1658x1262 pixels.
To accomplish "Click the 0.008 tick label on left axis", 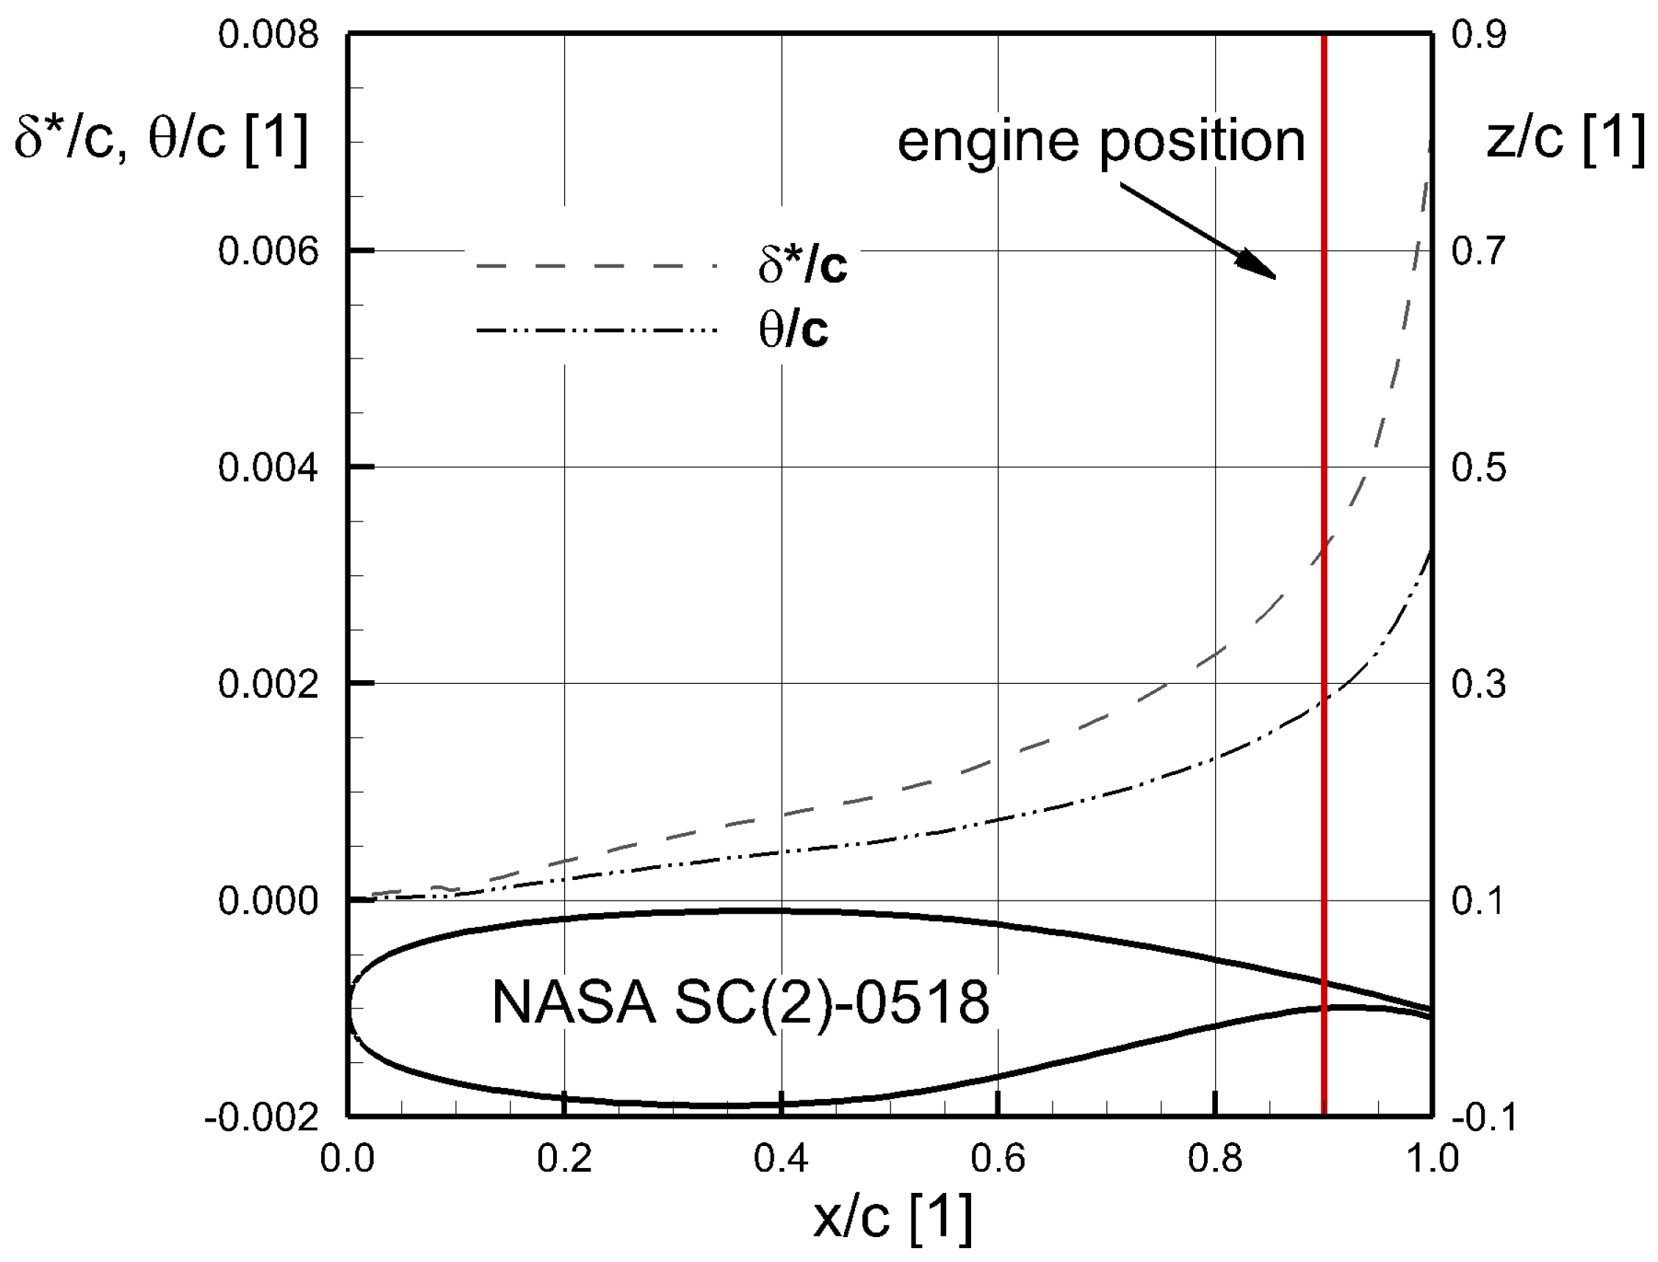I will (268, 35).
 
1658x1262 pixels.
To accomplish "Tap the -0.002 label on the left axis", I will (262, 1118).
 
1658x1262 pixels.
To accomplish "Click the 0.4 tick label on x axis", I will (782, 1158).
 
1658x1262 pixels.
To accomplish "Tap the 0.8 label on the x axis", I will (1216, 1158).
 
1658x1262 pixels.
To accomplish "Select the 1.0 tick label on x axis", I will (1431, 1158).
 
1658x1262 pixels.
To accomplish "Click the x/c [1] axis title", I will (893, 1217).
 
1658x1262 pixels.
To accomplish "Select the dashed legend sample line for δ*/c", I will (597, 266).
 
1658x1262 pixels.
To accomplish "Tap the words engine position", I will (1101, 140).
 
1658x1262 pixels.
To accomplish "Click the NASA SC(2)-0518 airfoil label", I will (740, 1002).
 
